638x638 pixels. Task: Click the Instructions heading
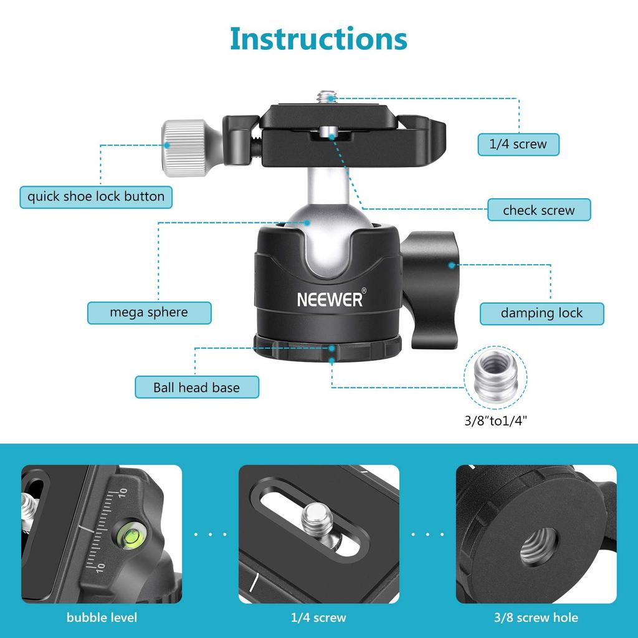[x=318, y=38]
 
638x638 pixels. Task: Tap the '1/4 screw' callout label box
[x=518, y=144]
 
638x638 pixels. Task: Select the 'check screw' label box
[x=538, y=210]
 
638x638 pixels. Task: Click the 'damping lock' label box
[x=541, y=313]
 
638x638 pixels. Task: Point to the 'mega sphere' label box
[x=149, y=312]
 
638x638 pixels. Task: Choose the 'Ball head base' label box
[x=196, y=388]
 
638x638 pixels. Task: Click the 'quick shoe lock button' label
[x=96, y=197]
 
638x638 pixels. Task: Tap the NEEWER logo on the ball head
[x=330, y=300]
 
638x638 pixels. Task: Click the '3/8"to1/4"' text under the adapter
[x=496, y=420]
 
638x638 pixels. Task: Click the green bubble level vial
[x=130, y=534]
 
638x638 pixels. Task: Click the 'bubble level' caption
[x=102, y=618]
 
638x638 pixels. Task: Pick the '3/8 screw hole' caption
[x=536, y=618]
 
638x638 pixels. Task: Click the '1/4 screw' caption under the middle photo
[x=318, y=618]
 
